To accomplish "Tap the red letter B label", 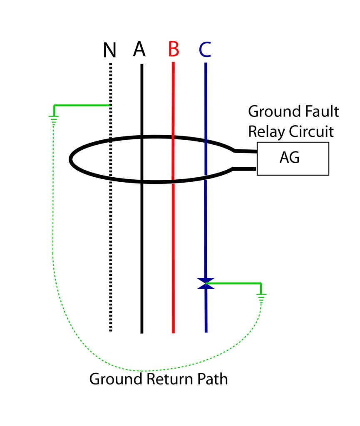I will coord(174,50).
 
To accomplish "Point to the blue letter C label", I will coord(205,50).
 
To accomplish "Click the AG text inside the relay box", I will coord(289,159).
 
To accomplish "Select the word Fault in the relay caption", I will coord(322,112).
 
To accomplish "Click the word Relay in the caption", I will coord(266,131).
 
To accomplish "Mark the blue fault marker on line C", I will coord(206,284).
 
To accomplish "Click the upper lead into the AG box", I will coord(246,151).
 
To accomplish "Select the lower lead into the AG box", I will coord(246,168).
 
